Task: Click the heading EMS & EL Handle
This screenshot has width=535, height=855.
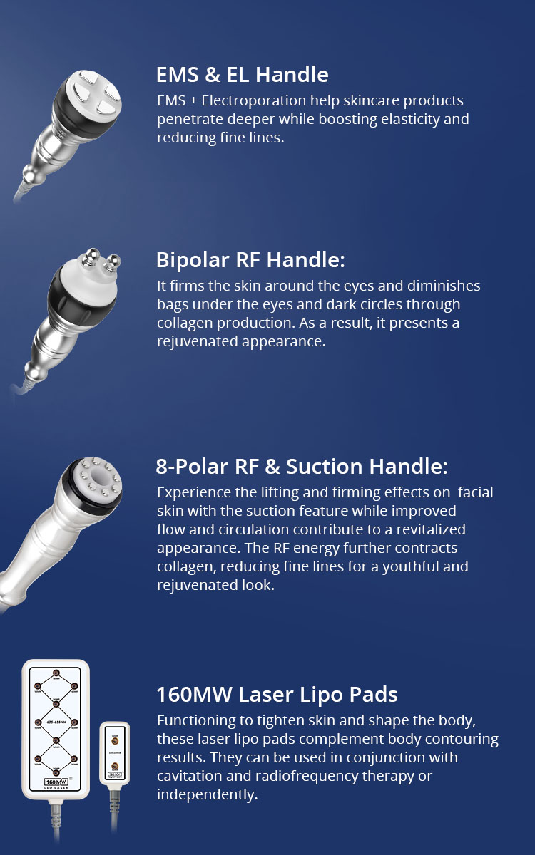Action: (243, 74)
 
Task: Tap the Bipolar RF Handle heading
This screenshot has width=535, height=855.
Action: (250, 260)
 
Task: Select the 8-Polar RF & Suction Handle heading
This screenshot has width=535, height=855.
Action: (302, 467)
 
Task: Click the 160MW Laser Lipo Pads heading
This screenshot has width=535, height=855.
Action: (277, 694)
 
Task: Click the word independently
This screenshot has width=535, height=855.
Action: (207, 794)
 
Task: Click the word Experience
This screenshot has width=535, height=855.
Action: (194, 493)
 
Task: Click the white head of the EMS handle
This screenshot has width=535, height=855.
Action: (93, 94)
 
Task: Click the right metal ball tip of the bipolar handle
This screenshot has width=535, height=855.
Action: (113, 262)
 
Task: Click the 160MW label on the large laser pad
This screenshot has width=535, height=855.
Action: (56, 782)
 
